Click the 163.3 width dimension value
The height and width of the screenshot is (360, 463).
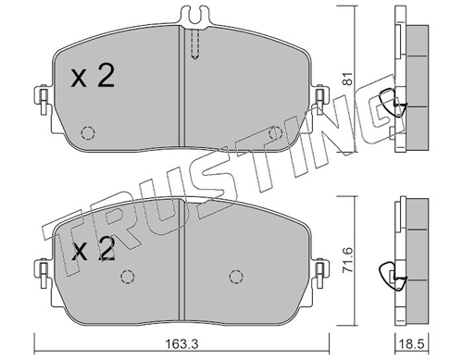coord(182,342)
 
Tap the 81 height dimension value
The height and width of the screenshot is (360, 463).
coord(348,79)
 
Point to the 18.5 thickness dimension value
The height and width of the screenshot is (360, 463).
coord(411,342)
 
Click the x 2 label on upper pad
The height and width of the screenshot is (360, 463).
coord(93,75)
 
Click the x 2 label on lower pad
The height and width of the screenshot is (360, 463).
coord(94,249)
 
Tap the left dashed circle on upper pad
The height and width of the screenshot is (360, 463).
coord(88,133)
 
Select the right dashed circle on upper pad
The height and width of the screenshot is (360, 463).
coord(276,133)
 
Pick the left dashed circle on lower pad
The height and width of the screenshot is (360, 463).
coord(128,277)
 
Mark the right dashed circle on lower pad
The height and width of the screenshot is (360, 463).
coord(236,277)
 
